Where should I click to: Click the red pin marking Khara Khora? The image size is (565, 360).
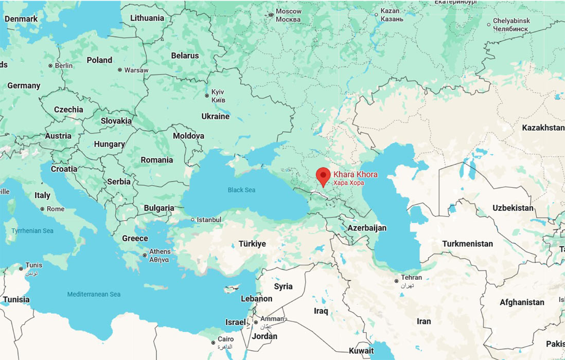pos(323,175)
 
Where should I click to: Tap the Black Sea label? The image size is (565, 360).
pos(241,190)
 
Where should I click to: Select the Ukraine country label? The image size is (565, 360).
pos(215,117)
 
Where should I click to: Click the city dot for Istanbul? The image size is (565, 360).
pos(192,220)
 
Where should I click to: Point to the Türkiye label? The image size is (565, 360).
pos(252,244)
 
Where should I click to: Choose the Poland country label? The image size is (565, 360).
pos(99,60)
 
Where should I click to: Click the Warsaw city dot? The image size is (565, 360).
pos(120,70)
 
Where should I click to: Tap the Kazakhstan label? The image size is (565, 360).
pos(542,128)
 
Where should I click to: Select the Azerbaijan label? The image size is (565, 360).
pos(367,228)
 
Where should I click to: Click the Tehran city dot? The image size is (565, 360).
pos(396,281)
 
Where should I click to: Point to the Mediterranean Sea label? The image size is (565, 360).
pos(94,294)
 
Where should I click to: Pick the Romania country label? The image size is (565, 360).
pos(157,160)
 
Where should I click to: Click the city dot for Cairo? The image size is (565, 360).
pos(213,343)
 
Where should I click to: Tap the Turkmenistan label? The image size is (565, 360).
pos(467,244)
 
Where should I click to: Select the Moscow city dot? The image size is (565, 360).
pos(271,15)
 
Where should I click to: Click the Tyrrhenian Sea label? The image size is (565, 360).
pos(32,231)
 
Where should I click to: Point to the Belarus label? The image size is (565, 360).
pos(185,56)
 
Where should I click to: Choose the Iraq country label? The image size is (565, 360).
pos(321,311)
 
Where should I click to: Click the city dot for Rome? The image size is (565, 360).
pos(43,209)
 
